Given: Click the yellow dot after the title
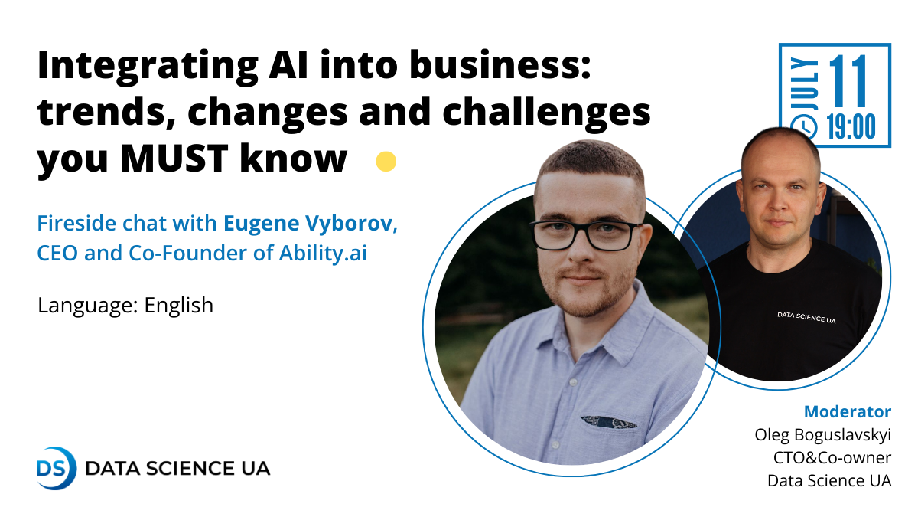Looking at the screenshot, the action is coord(386,162).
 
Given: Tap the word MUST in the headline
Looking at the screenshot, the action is coord(174,158).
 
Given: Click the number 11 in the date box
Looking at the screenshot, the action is coord(848,81).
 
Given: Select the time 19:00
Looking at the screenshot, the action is coord(851,127).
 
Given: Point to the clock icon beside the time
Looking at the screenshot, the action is coord(803,127).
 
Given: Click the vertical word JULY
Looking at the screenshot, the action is coord(804,83).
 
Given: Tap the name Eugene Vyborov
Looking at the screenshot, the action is coord(308,224).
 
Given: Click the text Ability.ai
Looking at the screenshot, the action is coord(323,253).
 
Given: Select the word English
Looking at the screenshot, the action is coord(179,306).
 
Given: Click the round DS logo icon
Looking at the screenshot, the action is coord(56,468).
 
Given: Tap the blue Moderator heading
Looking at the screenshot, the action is coord(848,411).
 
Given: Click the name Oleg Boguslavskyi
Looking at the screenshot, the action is coord(823,435).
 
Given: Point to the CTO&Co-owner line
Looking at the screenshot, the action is coord(832,457).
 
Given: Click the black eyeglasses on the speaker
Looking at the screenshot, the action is coord(586,235).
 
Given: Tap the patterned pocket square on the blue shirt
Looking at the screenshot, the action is coord(609,422).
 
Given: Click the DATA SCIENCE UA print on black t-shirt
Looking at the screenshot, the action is coord(806,318).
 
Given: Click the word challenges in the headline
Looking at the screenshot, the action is coord(547,112).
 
